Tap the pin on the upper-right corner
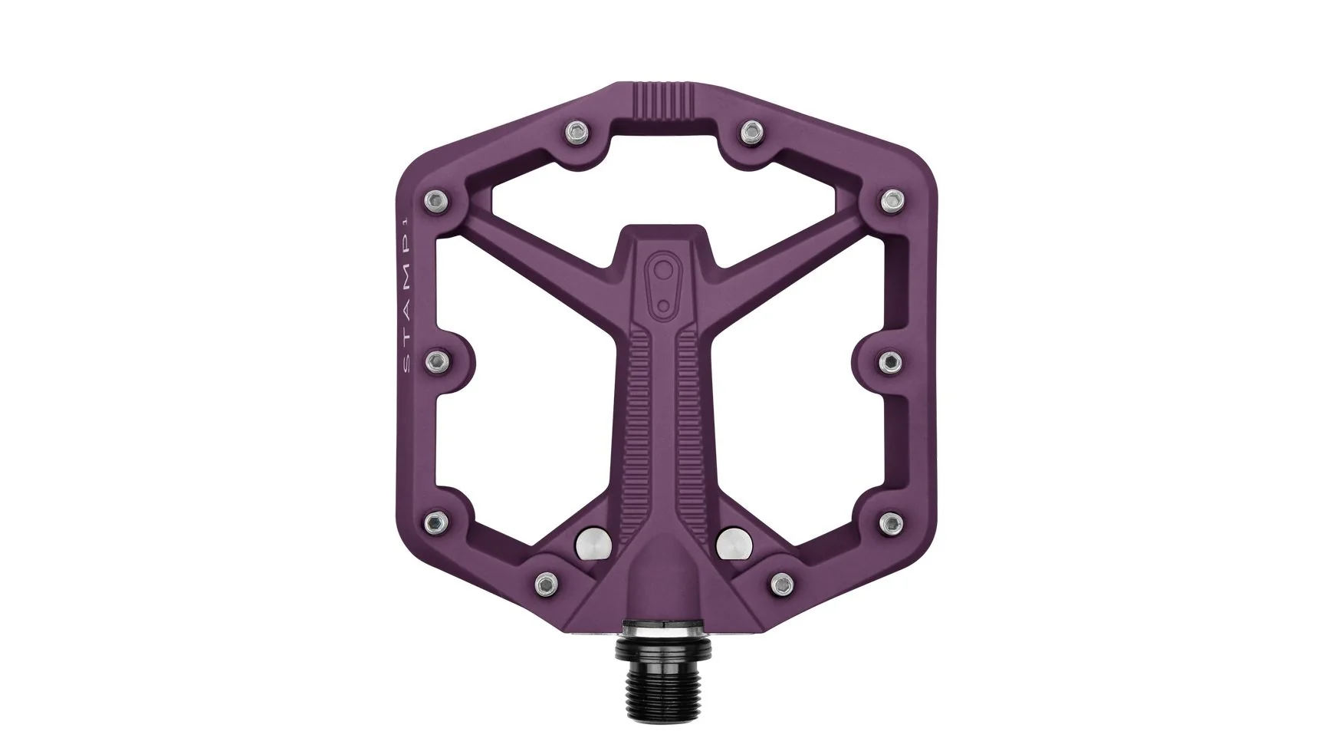coord(889,200)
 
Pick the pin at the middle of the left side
coord(438,360)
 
